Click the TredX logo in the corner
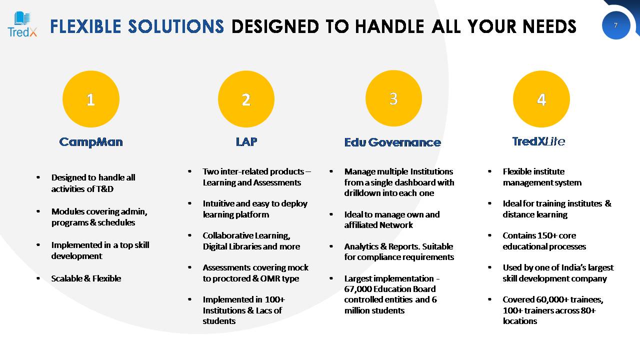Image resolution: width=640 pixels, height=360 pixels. [22, 24]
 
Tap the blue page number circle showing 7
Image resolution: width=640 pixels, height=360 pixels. [615, 25]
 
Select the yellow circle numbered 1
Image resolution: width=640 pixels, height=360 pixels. [91, 99]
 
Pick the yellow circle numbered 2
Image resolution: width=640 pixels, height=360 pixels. [246, 99]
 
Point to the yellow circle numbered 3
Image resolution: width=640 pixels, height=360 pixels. [393, 98]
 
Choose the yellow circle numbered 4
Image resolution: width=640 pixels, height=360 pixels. [541, 99]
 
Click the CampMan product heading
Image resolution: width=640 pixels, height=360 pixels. [91, 142]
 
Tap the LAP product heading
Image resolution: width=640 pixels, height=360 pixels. [246, 141]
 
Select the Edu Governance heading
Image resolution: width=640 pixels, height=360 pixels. [392, 142]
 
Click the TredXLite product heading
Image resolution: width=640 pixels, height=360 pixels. [538, 141]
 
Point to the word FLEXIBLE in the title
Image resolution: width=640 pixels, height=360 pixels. [85, 26]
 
